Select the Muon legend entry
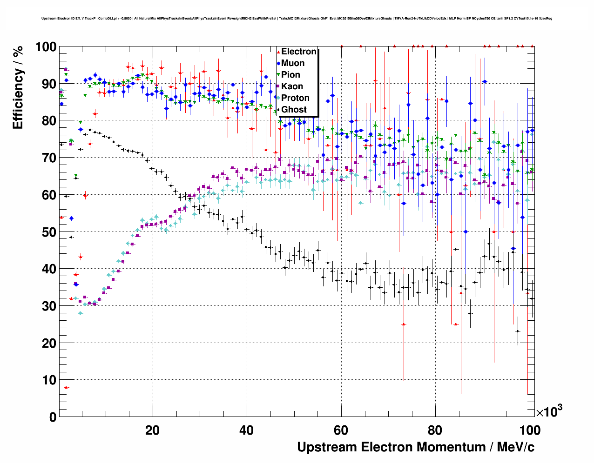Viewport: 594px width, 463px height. [x=293, y=63]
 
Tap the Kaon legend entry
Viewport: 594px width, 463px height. [x=292, y=86]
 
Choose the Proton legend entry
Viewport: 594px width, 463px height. [x=295, y=98]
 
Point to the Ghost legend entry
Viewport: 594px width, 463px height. [x=294, y=110]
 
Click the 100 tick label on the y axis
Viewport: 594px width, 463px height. [x=46, y=47]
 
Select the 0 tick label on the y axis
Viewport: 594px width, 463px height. [x=53, y=417]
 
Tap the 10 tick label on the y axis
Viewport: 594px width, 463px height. [x=49, y=380]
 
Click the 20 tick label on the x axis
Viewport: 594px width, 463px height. [x=152, y=430]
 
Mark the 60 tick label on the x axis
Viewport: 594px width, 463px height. [x=341, y=430]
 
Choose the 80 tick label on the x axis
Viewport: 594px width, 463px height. [x=435, y=430]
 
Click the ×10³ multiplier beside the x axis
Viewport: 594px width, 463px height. [x=549, y=411]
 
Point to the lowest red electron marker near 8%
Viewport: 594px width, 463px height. [x=66, y=387]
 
